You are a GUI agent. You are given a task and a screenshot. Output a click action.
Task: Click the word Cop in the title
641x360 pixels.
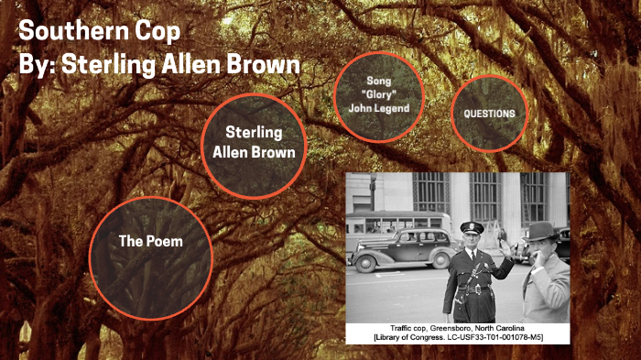click(158, 30)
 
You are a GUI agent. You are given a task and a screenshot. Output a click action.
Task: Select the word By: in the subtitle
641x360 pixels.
click(40, 67)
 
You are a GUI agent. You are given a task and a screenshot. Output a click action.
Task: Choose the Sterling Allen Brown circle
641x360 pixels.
click(254, 143)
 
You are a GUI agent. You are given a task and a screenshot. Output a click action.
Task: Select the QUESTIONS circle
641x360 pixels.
click(489, 114)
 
